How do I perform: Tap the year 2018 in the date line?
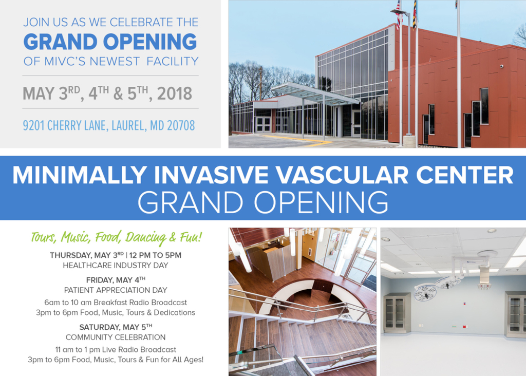coord(175,93)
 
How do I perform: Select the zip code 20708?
coord(181,125)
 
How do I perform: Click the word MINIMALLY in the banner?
coord(80,175)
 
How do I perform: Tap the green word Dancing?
coord(146,237)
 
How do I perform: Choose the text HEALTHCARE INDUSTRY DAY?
coord(116,266)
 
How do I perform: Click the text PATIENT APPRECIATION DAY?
coord(116,290)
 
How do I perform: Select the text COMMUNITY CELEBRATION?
coord(116,337)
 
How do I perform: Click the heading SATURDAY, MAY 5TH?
coord(116,327)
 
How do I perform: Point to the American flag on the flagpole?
coord(399,15)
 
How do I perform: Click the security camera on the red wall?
coord(501,66)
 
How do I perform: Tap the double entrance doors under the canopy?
coord(263,124)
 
